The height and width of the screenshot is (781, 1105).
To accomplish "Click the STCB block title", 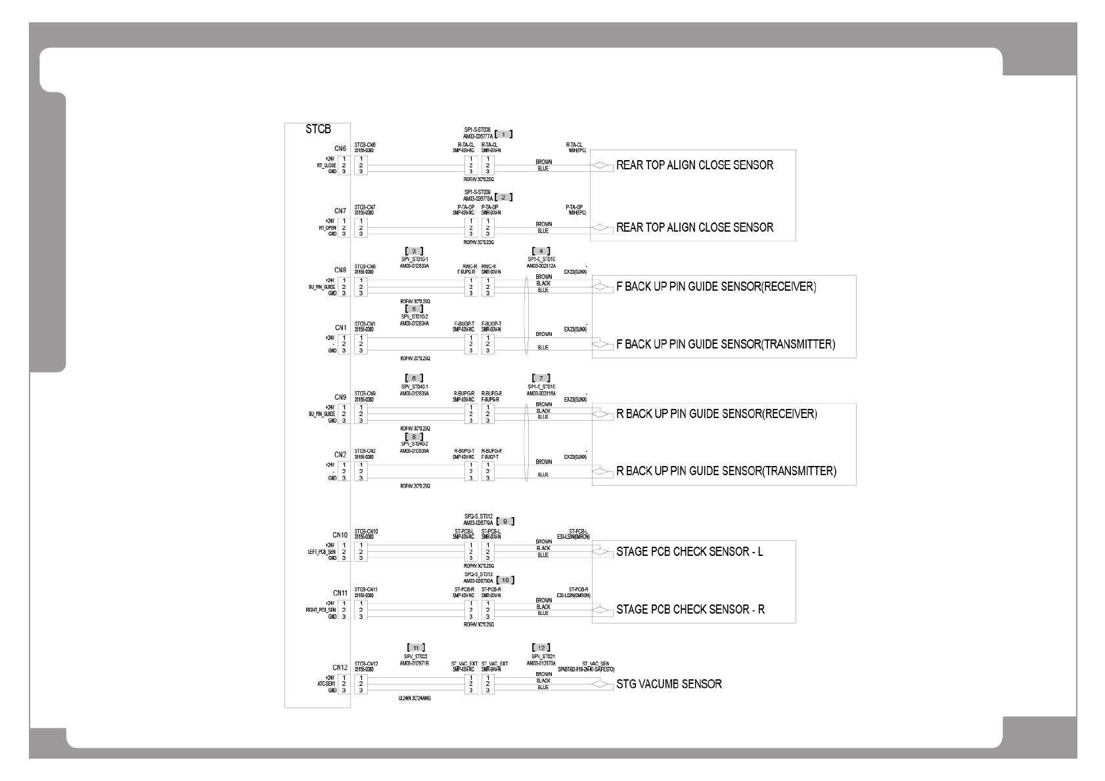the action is tap(318, 130).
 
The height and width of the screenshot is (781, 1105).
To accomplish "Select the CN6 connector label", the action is tap(340, 149).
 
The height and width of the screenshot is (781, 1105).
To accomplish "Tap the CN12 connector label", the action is tap(339, 668).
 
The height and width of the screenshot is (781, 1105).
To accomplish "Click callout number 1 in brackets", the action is tap(503, 135).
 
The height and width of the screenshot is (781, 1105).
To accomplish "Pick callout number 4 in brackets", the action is tap(541, 251).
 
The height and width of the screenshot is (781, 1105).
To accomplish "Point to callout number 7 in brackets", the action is tap(541, 378).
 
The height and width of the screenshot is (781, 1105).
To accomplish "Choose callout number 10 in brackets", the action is tap(505, 580).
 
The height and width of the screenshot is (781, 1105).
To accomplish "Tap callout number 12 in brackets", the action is tap(541, 648).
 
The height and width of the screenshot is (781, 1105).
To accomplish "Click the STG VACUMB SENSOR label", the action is tap(669, 685).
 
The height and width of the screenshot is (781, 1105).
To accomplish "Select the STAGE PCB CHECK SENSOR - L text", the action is tap(689, 552).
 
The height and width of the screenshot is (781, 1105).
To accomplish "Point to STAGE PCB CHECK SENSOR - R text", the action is tap(690, 610).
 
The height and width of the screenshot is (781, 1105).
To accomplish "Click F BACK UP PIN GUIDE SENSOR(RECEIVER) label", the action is tap(716, 287).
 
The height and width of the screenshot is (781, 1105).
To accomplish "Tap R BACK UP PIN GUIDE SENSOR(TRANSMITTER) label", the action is tap(726, 471).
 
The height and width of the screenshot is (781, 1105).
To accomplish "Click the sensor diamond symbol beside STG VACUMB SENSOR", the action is tap(601, 685).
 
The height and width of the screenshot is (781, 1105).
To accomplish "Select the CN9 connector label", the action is tap(340, 398).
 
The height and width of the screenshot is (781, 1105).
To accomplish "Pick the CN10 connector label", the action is tap(340, 536).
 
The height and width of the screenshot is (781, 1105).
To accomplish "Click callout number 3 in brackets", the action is tap(414, 251).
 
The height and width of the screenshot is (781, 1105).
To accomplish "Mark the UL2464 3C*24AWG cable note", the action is tap(415, 698).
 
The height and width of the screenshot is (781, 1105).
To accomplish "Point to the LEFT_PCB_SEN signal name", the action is tap(321, 552).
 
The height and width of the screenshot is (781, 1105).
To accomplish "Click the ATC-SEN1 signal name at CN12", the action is tap(326, 684).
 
